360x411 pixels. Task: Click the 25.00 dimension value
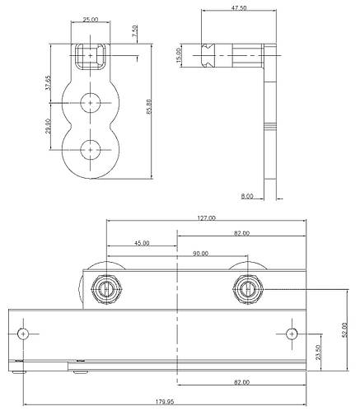[x=90, y=18]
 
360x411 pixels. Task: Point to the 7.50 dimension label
[x=135, y=33]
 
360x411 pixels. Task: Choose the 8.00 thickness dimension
[x=246, y=196]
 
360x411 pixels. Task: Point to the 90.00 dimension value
[x=200, y=254]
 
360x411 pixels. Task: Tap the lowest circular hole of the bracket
[x=90, y=149]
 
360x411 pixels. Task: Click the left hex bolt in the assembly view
[x=105, y=288]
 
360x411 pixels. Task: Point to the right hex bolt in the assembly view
[x=247, y=288]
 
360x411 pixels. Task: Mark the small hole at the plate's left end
[x=25, y=334]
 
